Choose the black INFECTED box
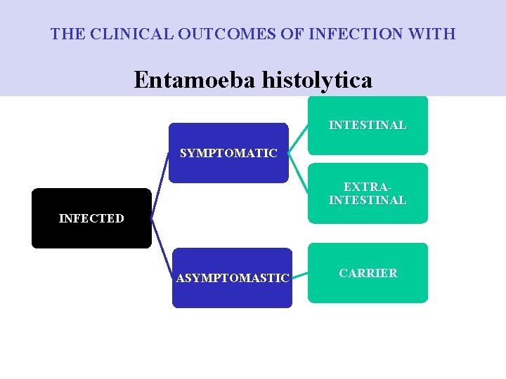pos(91,218)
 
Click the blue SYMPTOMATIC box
pos(228,153)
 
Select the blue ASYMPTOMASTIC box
pos(232,278)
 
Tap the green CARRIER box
pos(368,273)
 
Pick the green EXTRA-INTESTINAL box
pos(368,194)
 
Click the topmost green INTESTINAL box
pos(368,125)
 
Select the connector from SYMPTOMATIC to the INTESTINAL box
pos(299,137)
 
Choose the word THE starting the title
pos(65,33)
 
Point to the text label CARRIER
pos(368,273)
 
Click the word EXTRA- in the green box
pos(368,187)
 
